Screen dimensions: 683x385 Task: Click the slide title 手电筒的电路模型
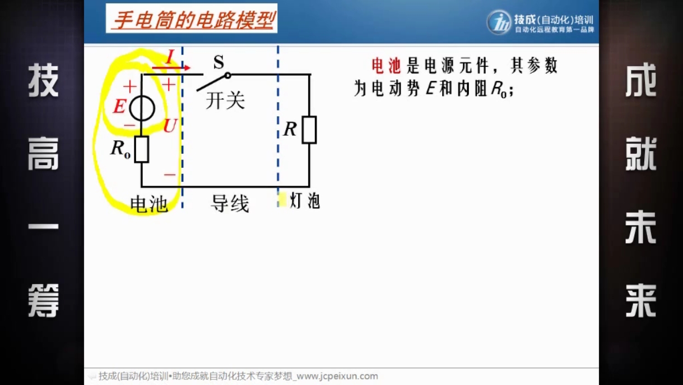194,20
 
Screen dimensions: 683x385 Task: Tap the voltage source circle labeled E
142,108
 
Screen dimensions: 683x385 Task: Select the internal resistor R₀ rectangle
142,149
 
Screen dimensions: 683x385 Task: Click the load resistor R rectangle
309,130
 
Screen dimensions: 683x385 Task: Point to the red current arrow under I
171,68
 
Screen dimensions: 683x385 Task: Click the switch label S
219,62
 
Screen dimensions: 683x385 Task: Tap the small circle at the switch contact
227,75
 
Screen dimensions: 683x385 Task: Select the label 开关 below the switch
225,100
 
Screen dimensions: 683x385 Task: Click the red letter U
170,126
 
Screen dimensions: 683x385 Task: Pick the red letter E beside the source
119,107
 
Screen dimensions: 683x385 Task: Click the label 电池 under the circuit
149,204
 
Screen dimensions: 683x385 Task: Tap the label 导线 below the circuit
230,203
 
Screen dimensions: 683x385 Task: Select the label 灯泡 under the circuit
305,201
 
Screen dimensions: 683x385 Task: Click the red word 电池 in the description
386,66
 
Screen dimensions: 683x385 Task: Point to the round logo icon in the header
499,22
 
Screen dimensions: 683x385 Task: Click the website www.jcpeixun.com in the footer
337,376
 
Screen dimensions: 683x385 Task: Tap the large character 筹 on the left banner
43,300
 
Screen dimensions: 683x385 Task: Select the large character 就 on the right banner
640,153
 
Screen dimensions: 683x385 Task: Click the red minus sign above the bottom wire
170,175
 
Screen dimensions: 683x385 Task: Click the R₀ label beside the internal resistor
120,149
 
